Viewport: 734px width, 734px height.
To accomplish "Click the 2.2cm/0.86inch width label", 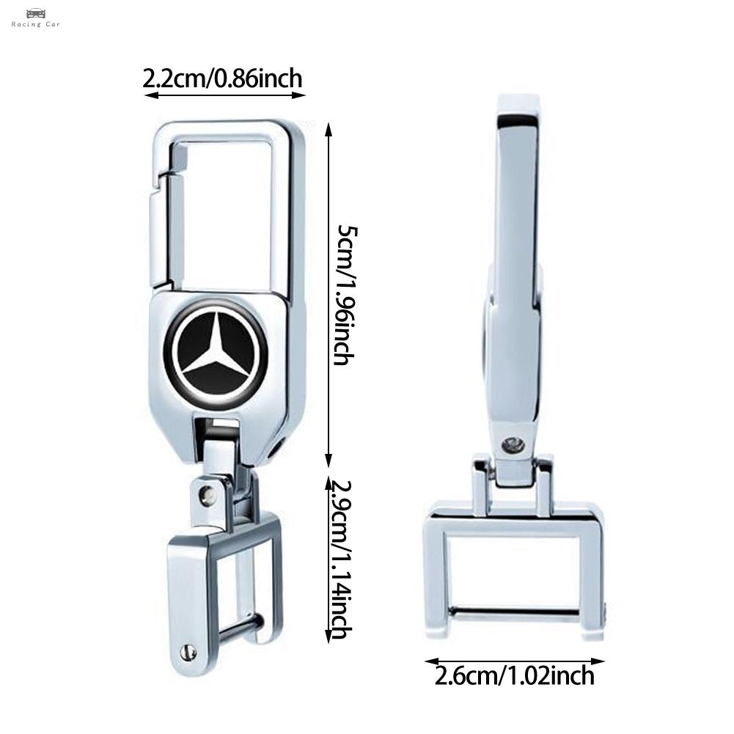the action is coord(222,78).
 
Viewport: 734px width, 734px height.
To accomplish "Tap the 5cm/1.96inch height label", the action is coord(346,295).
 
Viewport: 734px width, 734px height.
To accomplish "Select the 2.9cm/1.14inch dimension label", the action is coord(340,560).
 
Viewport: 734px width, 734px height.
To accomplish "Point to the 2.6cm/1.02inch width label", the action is coord(515,676).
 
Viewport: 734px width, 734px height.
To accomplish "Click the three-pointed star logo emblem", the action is coord(216,350).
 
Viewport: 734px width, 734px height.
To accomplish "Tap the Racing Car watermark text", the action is coord(36,24).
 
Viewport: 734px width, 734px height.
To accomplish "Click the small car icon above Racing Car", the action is coord(36,13).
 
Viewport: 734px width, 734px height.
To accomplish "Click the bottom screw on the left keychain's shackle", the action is coord(188,651).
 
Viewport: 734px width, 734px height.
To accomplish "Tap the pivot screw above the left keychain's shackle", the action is coord(205,494).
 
